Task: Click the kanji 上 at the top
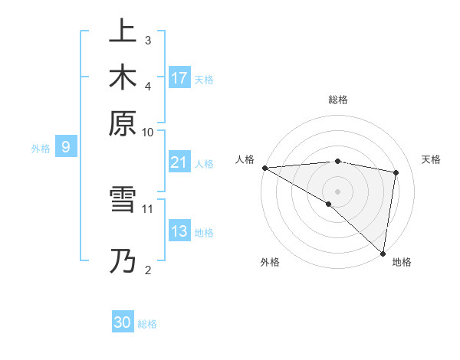(123, 31)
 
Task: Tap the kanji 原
(123, 123)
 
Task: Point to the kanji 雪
(123, 201)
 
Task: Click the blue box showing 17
(179, 77)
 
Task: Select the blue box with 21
(179, 162)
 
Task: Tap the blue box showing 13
(179, 231)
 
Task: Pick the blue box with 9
(66, 147)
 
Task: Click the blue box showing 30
(123, 322)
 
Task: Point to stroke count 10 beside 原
(148, 132)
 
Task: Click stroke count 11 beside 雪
(148, 208)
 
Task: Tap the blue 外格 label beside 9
(41, 149)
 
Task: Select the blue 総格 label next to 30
(147, 324)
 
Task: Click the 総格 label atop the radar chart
(338, 100)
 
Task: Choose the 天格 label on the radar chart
(432, 159)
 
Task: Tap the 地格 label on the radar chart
(402, 262)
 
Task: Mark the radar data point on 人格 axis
(264, 168)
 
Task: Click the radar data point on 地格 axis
(382, 253)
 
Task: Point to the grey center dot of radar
(337, 191)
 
